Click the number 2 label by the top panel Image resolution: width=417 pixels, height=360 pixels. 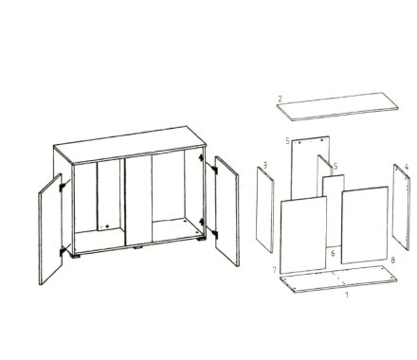click(280, 99)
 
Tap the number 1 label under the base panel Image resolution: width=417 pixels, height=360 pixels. click(347, 295)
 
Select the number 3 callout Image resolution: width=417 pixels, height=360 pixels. click(265, 165)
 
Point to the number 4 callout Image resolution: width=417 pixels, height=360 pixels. click(407, 167)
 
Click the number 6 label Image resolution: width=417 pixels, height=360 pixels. click(333, 253)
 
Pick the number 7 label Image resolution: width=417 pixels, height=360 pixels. click(275, 270)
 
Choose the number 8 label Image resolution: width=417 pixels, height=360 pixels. click(392, 260)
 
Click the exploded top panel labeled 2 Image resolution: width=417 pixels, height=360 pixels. click(337, 107)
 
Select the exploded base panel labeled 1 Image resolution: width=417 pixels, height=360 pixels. click(338, 279)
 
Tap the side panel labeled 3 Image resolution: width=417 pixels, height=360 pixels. click(265, 209)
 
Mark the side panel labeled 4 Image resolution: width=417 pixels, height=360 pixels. click(401, 207)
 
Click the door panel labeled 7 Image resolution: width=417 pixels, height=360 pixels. click(303, 235)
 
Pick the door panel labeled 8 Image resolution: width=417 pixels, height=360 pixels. click(365, 225)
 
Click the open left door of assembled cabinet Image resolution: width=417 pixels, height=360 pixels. click(50, 229)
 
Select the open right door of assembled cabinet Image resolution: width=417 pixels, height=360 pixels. click(227, 211)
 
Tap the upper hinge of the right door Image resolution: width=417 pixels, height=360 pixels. click(214, 169)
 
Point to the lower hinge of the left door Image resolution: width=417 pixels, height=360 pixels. click(62, 252)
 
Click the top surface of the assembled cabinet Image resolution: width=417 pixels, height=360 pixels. click(130, 145)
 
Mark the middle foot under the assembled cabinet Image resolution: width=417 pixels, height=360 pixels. click(137, 247)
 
